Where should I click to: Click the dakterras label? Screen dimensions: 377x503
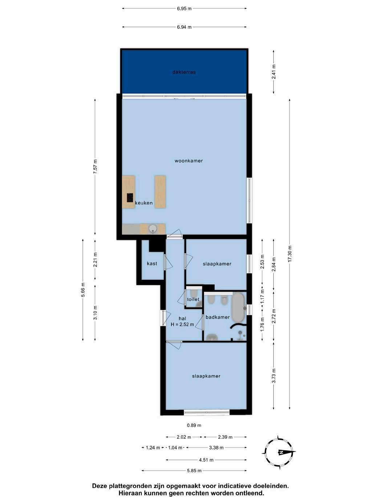(x=184, y=72)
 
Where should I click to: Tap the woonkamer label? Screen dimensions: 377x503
(x=188, y=161)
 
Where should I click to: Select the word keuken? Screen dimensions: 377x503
(x=144, y=203)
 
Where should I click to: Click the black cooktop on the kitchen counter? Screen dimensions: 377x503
(x=130, y=198)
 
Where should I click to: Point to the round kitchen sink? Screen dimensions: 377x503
(x=152, y=229)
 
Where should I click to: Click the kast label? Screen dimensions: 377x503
(x=152, y=263)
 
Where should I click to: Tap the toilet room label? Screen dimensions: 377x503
(x=193, y=299)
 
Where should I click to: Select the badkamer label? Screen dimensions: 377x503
(x=218, y=317)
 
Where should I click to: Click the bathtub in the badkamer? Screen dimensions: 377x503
(x=239, y=307)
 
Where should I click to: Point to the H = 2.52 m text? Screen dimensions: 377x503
(x=182, y=324)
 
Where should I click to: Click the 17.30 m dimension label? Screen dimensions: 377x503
(x=290, y=254)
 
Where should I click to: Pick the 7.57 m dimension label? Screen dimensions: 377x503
(x=95, y=166)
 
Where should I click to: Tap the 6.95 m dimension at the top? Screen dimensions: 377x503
(x=184, y=9)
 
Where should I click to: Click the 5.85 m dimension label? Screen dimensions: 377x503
(x=194, y=471)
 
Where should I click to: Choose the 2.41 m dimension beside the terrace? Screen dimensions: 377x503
(x=274, y=72)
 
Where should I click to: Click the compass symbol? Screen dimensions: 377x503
(x=279, y=452)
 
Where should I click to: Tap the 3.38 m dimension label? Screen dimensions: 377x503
(x=216, y=447)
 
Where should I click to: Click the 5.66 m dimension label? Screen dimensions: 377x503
(x=83, y=290)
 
